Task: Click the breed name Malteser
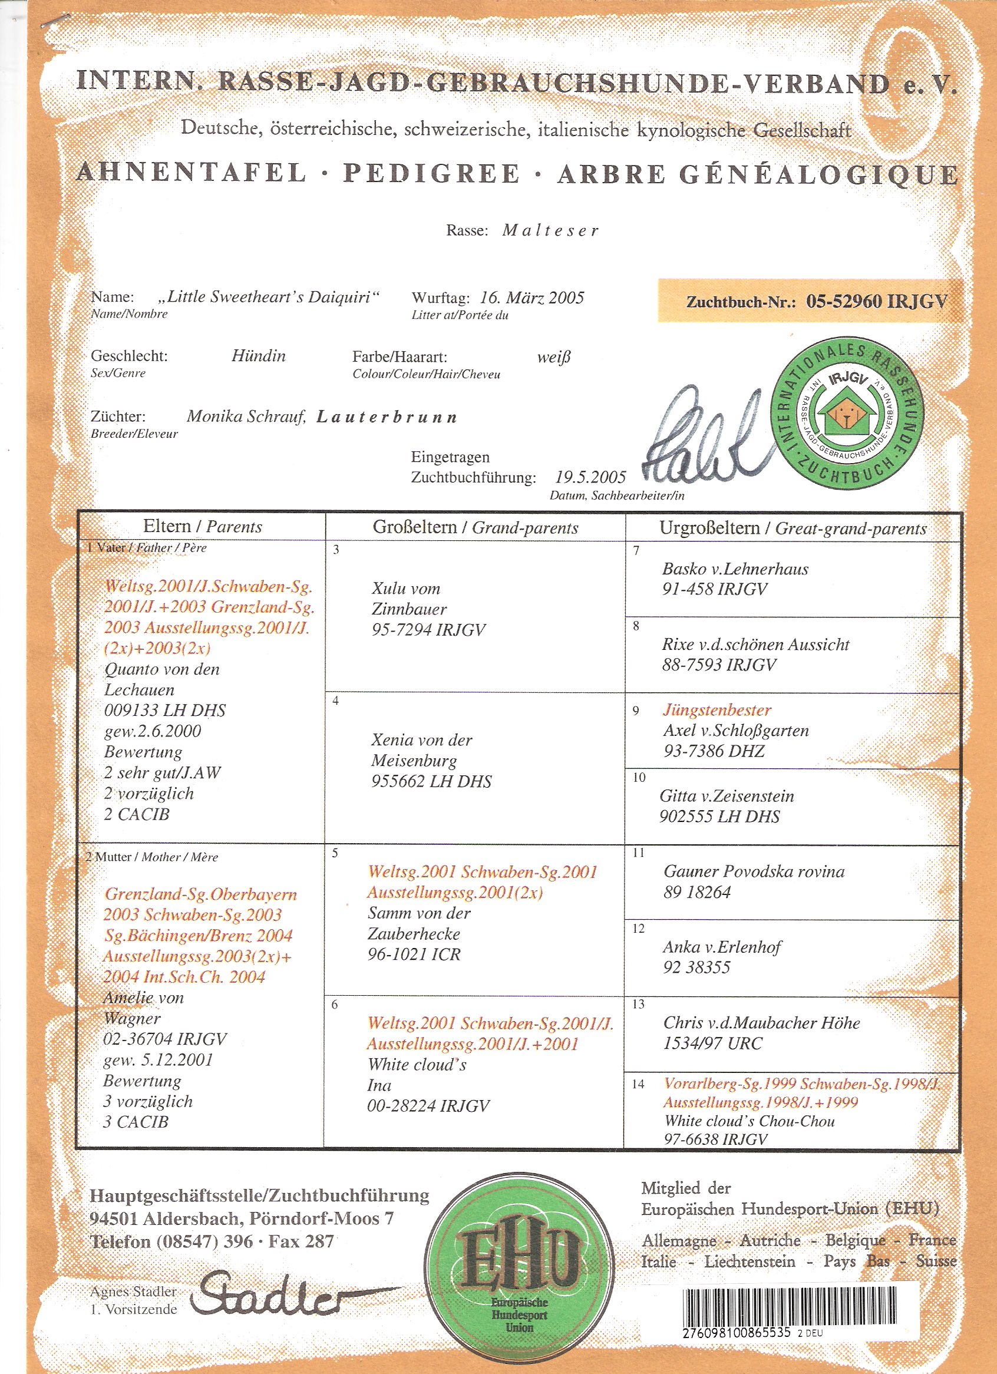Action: [x=550, y=231]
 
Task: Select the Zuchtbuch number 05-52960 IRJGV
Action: [x=876, y=302]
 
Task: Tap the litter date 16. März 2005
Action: [x=532, y=298]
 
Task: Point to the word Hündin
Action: [x=259, y=356]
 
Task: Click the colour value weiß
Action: [x=553, y=357]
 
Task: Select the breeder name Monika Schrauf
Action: [x=246, y=416]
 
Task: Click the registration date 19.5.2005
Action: [x=590, y=477]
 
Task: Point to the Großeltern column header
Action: [x=476, y=527]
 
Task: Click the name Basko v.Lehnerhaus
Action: [x=735, y=569]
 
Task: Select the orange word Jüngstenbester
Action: [x=717, y=710]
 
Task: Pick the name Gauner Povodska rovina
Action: [x=754, y=871]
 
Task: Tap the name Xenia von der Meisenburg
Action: [x=421, y=750]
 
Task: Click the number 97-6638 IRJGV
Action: [x=715, y=1139]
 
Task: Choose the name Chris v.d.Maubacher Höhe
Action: [x=761, y=1023]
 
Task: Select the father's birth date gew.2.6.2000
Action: [x=153, y=731]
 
